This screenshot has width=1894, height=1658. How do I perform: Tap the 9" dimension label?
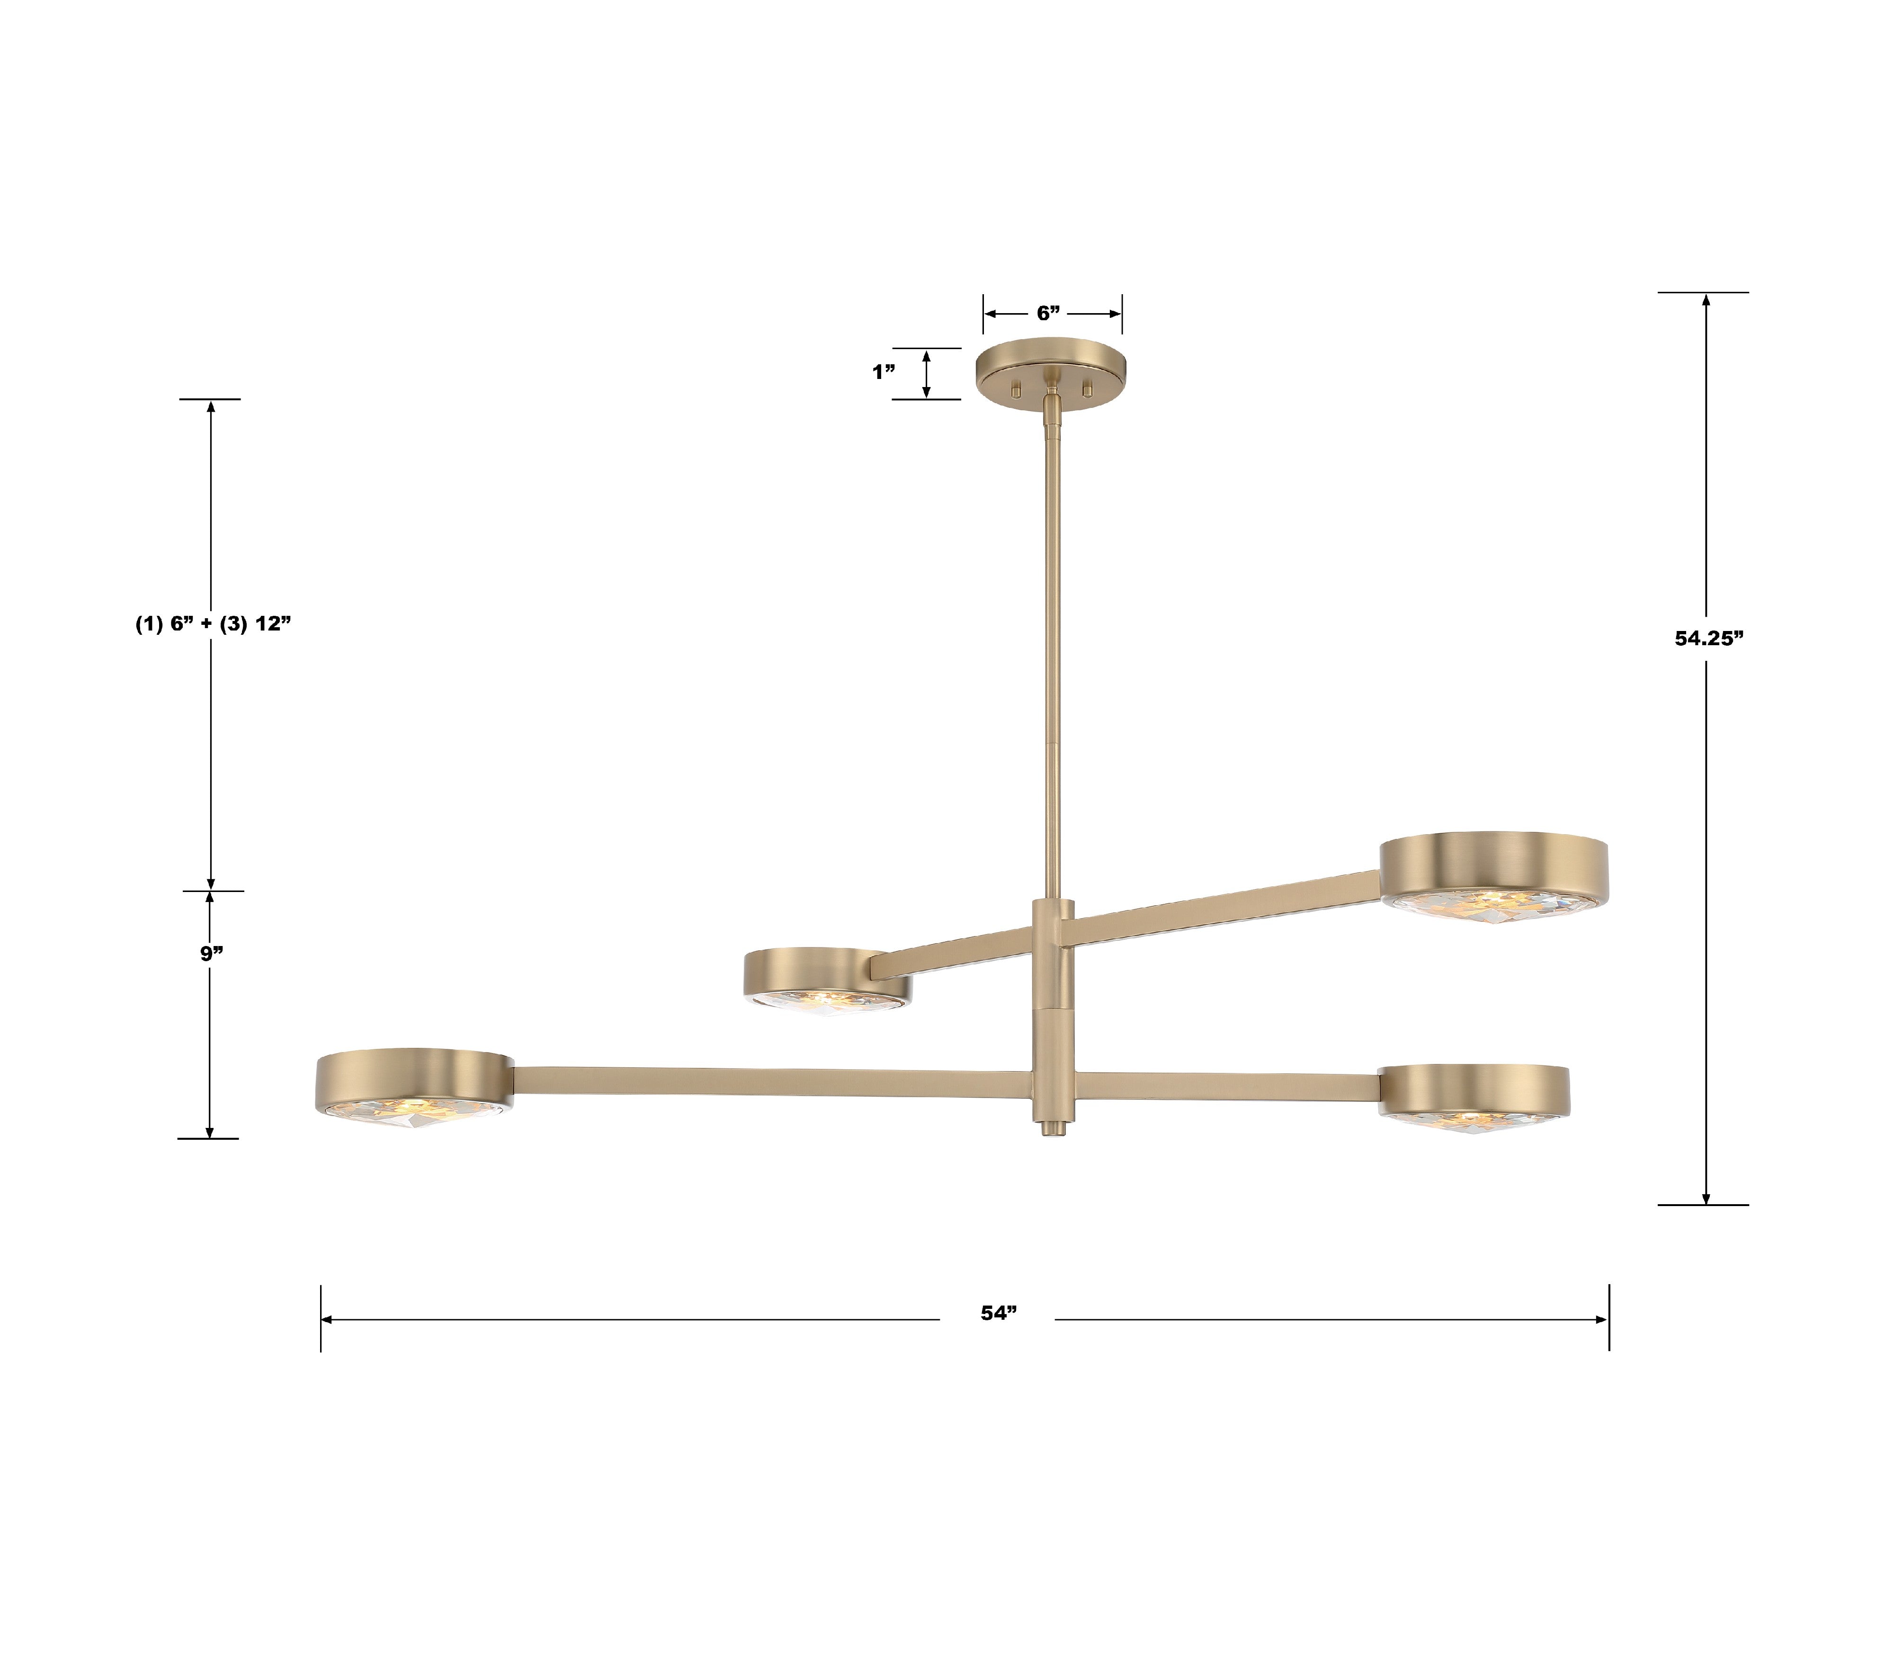click(212, 953)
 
